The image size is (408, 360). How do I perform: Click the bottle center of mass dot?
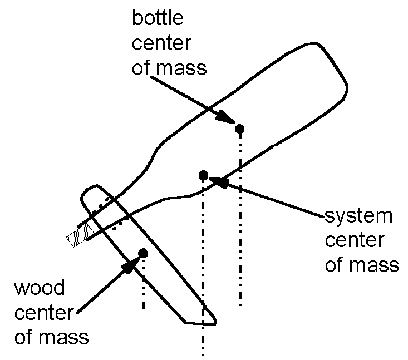pos(240,129)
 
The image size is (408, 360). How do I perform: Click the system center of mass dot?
pos(203,175)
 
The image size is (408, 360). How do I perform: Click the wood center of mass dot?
pos(143,253)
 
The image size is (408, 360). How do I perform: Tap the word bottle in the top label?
pos(158,18)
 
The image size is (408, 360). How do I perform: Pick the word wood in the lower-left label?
pos(38,288)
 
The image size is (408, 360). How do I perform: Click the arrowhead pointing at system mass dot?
pos(219,181)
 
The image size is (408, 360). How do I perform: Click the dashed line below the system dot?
pos(203,267)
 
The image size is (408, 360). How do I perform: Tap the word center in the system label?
pos(355,240)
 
